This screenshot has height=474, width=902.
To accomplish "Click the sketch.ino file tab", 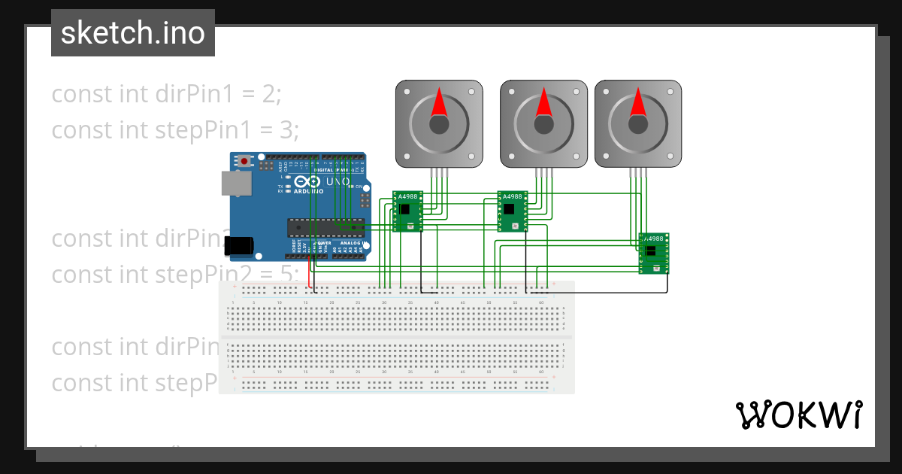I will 133,33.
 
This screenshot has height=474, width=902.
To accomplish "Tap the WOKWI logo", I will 798,415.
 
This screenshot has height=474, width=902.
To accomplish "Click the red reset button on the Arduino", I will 244,161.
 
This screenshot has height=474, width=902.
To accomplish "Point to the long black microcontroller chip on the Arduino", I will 325,226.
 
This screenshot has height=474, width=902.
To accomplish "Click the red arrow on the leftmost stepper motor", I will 439,103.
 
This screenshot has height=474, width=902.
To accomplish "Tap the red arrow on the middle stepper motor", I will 543,103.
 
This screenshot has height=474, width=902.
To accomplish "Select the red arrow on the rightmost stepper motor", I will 638,103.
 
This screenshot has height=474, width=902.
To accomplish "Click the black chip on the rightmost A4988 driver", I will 651,251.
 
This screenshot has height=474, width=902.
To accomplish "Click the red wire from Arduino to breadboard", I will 308,275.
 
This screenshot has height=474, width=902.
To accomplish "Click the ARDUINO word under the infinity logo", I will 309,191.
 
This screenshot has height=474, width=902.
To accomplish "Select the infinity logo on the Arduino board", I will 309,181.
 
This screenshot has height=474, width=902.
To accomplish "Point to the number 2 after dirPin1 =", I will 271,94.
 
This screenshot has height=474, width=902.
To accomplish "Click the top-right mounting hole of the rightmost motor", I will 671,91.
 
